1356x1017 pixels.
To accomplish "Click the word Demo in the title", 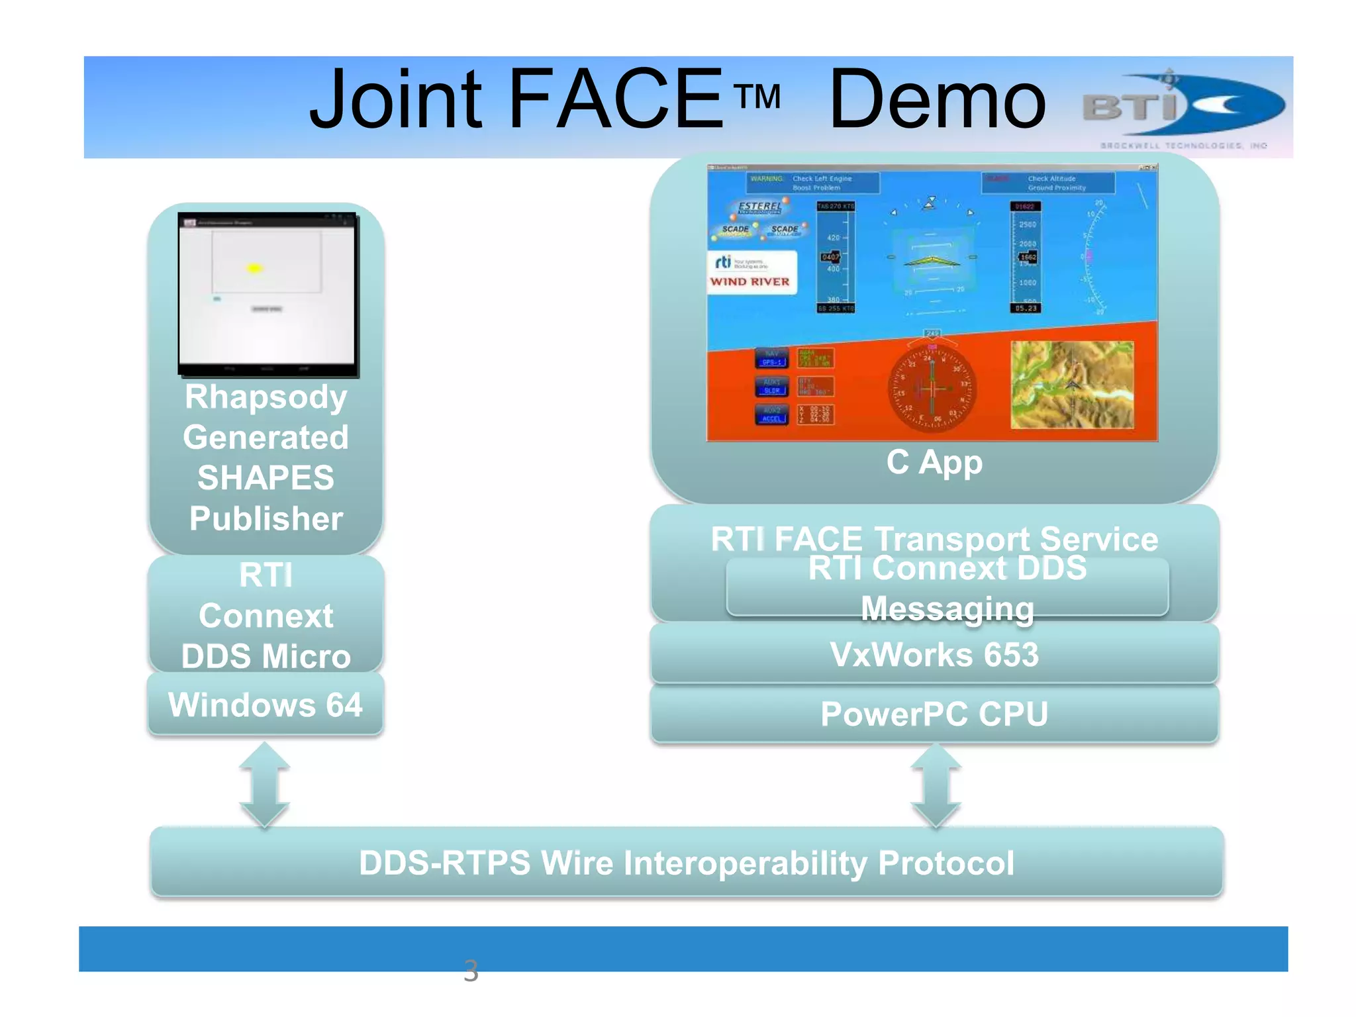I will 937,101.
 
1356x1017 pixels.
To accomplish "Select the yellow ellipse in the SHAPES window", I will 255,268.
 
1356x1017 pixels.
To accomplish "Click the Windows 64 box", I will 266,704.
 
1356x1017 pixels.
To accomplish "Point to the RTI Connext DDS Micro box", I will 266,615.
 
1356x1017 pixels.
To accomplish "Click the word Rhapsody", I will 266,397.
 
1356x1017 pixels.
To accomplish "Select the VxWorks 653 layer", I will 934,654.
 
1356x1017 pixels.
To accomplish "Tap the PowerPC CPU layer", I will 934,714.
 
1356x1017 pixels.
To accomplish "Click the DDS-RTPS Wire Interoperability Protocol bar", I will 687,863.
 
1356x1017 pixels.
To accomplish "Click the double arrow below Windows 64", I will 264,785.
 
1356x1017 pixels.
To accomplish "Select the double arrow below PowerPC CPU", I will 936,786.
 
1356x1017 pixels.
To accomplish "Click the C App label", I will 934,462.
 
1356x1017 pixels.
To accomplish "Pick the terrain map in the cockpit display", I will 1072,385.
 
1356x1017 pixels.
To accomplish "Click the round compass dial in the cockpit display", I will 932,389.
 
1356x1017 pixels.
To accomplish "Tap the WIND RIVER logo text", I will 750,282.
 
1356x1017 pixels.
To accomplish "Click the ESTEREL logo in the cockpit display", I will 759,207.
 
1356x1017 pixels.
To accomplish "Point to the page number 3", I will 471,971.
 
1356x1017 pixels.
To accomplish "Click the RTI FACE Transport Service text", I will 934,538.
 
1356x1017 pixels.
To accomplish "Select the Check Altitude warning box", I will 1048,183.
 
